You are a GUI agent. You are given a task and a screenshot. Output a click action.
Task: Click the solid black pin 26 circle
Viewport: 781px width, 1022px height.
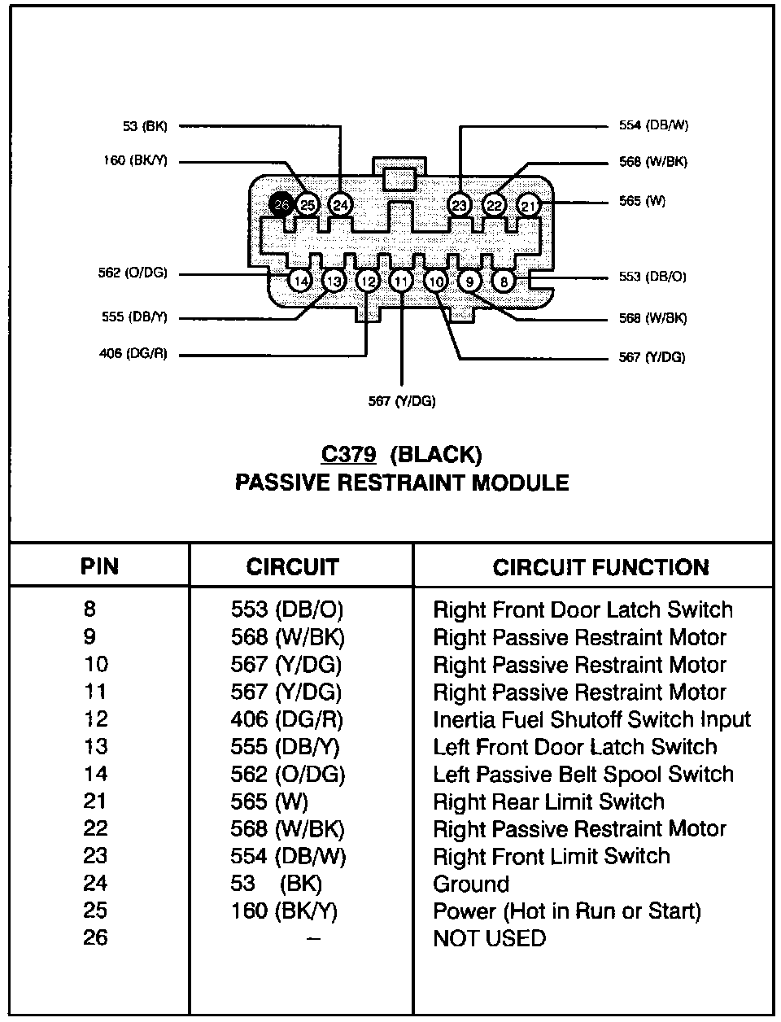[281, 205]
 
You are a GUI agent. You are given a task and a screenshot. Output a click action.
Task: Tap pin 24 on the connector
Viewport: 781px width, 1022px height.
[340, 205]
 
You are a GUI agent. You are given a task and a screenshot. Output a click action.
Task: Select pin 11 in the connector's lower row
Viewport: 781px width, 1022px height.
[401, 282]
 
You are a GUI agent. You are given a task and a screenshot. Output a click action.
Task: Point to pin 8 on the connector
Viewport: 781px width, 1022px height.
[504, 282]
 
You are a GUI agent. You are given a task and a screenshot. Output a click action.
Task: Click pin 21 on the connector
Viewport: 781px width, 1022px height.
[529, 205]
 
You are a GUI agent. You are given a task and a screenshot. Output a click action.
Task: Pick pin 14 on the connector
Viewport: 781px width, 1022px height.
[301, 282]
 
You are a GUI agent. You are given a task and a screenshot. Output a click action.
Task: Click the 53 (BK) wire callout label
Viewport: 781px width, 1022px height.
[145, 126]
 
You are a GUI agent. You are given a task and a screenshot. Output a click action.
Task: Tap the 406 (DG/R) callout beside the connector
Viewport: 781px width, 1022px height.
[133, 354]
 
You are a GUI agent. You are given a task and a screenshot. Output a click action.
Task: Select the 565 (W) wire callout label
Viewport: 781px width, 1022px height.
[642, 201]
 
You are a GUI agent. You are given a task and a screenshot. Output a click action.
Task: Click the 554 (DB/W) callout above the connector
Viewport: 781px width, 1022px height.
[653, 125]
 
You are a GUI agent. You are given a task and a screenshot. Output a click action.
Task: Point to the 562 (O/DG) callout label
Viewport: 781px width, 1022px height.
[133, 273]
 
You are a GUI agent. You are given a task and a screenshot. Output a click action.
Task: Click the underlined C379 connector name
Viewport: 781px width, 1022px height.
[349, 454]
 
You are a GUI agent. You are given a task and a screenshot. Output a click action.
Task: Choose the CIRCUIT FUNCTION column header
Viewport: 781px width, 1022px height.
[600, 567]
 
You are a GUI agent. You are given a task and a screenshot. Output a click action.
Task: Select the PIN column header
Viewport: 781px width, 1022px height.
[99, 566]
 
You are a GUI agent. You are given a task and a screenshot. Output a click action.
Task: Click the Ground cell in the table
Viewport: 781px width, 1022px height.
[471, 884]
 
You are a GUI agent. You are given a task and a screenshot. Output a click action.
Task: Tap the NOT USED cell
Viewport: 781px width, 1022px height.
[489, 938]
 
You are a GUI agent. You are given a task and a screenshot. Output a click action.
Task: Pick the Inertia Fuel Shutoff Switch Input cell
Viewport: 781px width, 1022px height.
[591, 719]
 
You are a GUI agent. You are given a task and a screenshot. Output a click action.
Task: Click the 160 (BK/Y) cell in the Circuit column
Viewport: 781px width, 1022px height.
[283, 911]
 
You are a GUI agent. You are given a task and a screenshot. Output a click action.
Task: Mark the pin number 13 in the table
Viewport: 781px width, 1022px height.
[95, 747]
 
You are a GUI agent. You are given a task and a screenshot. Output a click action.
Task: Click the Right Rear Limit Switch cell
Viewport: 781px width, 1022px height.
[548, 801]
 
